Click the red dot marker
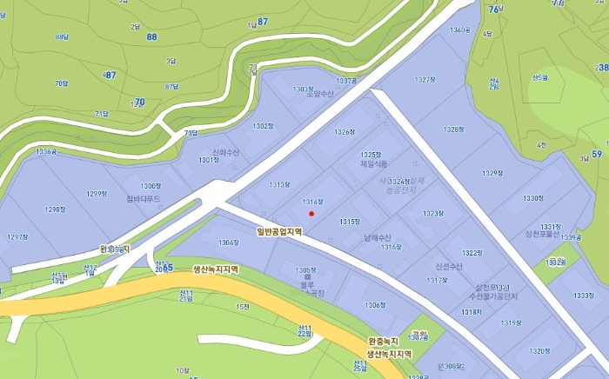click(x=311, y=213)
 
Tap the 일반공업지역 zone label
click(x=279, y=231)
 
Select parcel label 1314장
click(x=313, y=202)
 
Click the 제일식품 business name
click(x=374, y=163)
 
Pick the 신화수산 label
click(x=224, y=152)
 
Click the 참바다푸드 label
click(x=142, y=197)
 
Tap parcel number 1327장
click(x=425, y=79)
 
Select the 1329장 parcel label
click(x=492, y=173)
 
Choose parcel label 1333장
click(x=584, y=296)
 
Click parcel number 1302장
click(x=263, y=126)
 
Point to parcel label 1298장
click(x=56, y=209)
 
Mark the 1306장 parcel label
click(x=375, y=305)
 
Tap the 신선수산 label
click(x=449, y=267)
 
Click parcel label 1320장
click(x=539, y=351)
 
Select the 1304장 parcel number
click(x=229, y=243)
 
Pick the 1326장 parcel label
click(x=345, y=132)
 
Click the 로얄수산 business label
click(x=320, y=93)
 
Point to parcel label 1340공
click(x=460, y=30)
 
